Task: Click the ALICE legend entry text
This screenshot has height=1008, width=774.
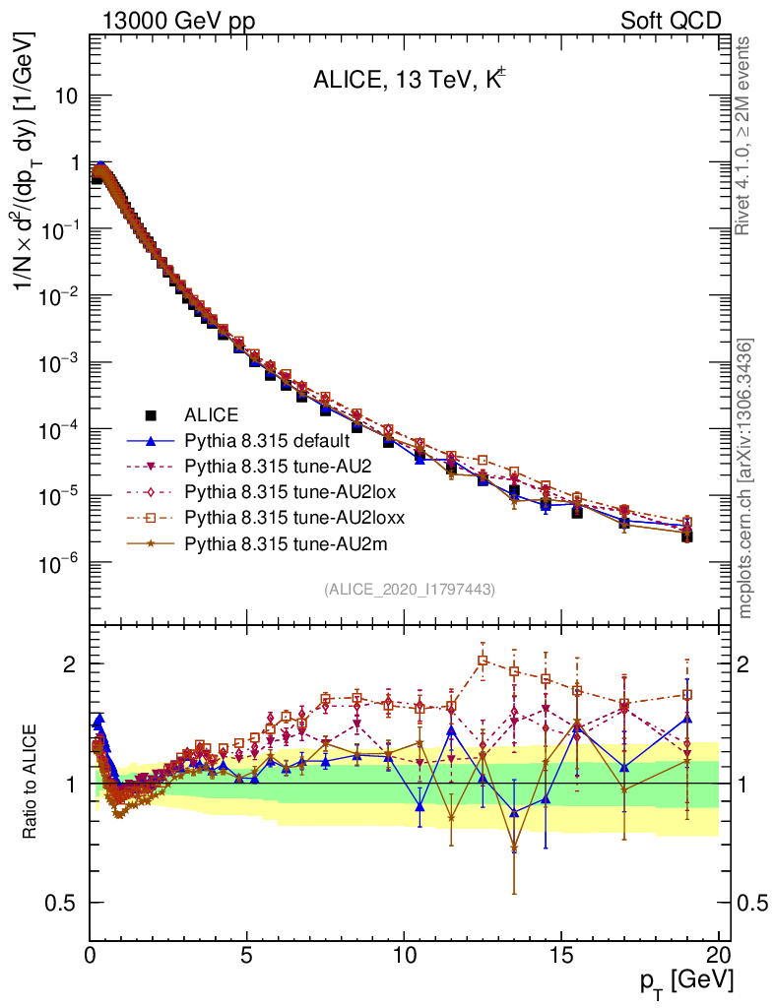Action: click(x=212, y=414)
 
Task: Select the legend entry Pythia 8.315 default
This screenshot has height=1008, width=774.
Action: click(x=265, y=440)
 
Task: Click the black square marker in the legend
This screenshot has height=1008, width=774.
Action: click(x=151, y=414)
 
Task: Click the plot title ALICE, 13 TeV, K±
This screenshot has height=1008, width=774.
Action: click(x=410, y=81)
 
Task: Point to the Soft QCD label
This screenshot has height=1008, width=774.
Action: click(x=671, y=21)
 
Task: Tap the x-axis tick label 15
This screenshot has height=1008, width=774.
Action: click(x=560, y=954)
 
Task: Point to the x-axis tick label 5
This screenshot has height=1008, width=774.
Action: click(x=247, y=954)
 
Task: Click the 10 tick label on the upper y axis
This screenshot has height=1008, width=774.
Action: click(x=67, y=96)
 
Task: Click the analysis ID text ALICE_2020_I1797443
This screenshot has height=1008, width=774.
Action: click(x=410, y=589)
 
